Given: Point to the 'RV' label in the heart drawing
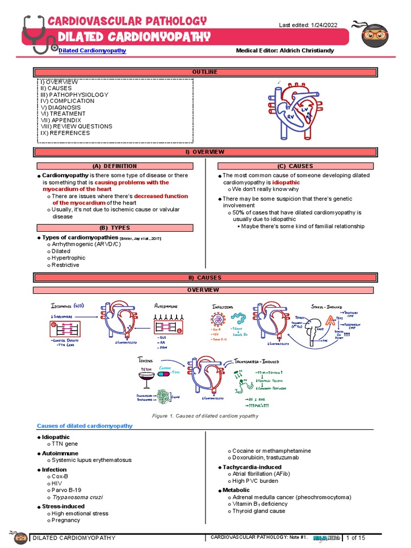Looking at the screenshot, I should click(x=291, y=116).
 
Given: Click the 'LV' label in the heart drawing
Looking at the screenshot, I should click(x=305, y=110).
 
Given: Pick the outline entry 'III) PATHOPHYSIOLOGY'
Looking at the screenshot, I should click(x=74, y=95).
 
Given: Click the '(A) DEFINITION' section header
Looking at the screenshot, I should click(x=115, y=166).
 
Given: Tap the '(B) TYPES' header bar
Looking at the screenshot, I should click(x=115, y=228).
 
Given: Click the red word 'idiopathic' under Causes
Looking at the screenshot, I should click(x=286, y=182).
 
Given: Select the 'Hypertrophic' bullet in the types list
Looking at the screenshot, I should click(x=68, y=258).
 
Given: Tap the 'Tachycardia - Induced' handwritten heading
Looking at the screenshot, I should click(x=256, y=362).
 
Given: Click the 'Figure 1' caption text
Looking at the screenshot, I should click(x=205, y=415).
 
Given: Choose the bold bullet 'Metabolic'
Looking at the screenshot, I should click(x=236, y=490).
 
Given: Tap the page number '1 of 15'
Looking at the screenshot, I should click(x=355, y=537).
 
